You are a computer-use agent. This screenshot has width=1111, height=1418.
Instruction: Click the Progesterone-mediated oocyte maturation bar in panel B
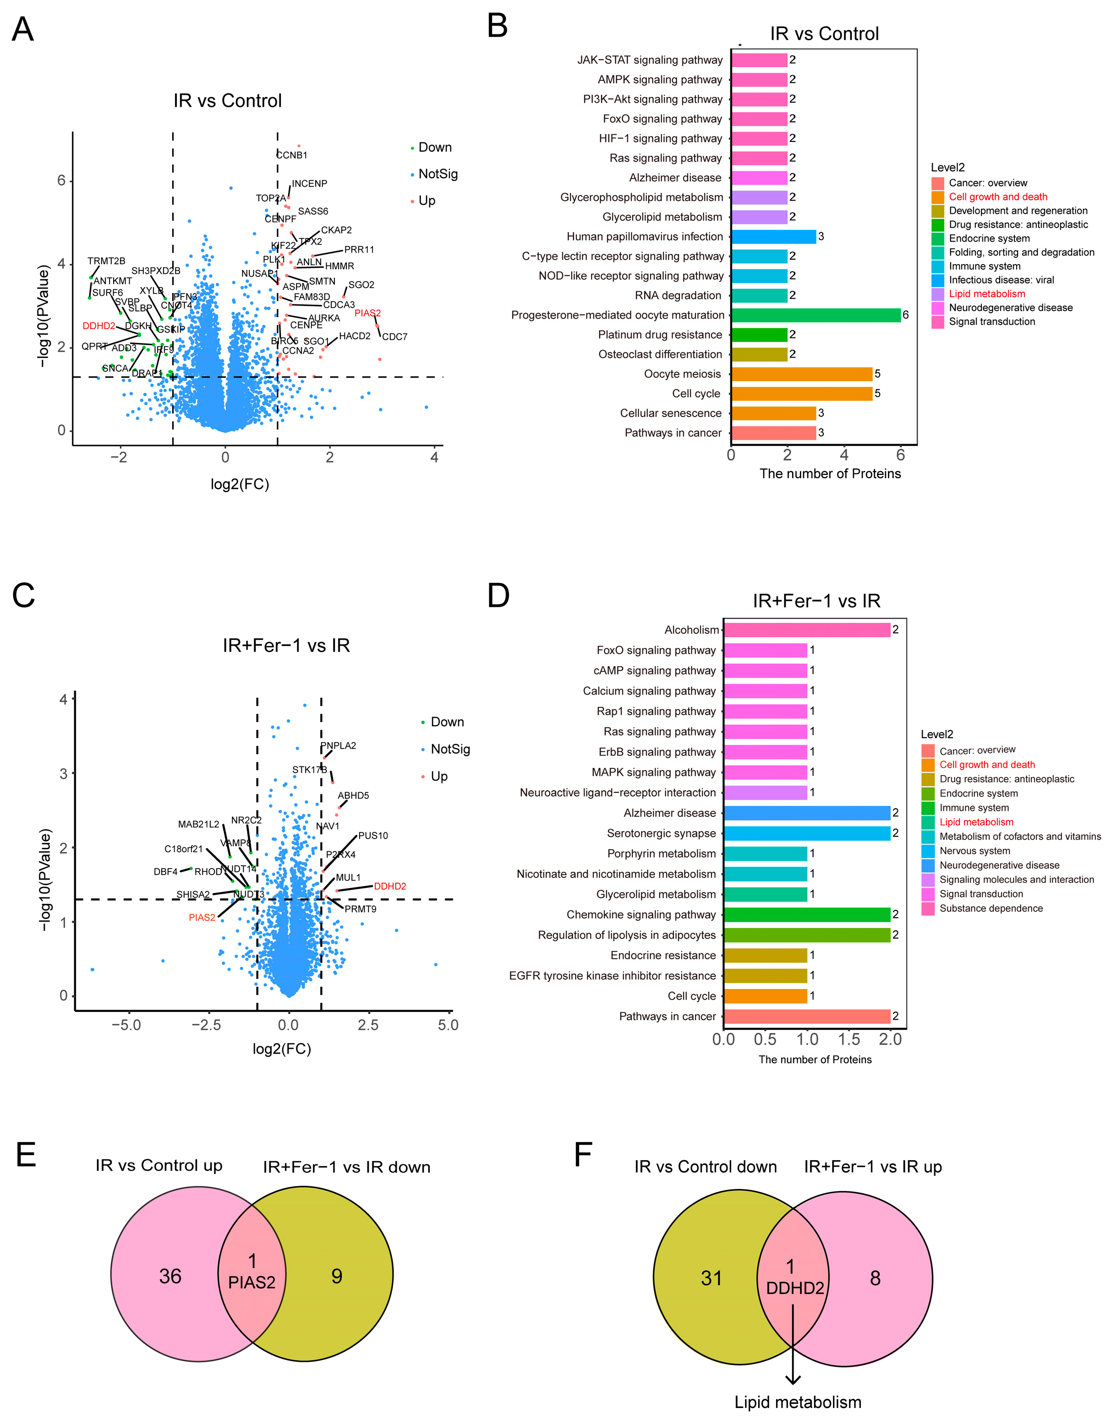pos(815,315)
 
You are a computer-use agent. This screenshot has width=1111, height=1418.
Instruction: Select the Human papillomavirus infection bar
pos(773,237)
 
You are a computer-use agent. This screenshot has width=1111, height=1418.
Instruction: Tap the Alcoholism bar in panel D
pos(807,630)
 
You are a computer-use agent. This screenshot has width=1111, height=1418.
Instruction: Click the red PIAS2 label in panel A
pos(367,313)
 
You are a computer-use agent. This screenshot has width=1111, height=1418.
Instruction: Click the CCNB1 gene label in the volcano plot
pos(292,155)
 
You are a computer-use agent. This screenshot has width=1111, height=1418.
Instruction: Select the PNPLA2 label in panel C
pos(338,746)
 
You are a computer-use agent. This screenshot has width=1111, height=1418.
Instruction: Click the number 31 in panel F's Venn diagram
pos(711,1278)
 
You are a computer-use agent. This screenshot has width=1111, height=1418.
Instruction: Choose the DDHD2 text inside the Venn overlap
pos(795,1288)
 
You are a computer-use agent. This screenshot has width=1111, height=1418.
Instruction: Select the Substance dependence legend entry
pos(991,908)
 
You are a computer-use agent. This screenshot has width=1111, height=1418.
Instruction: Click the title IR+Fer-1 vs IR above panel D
pos(816,601)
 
